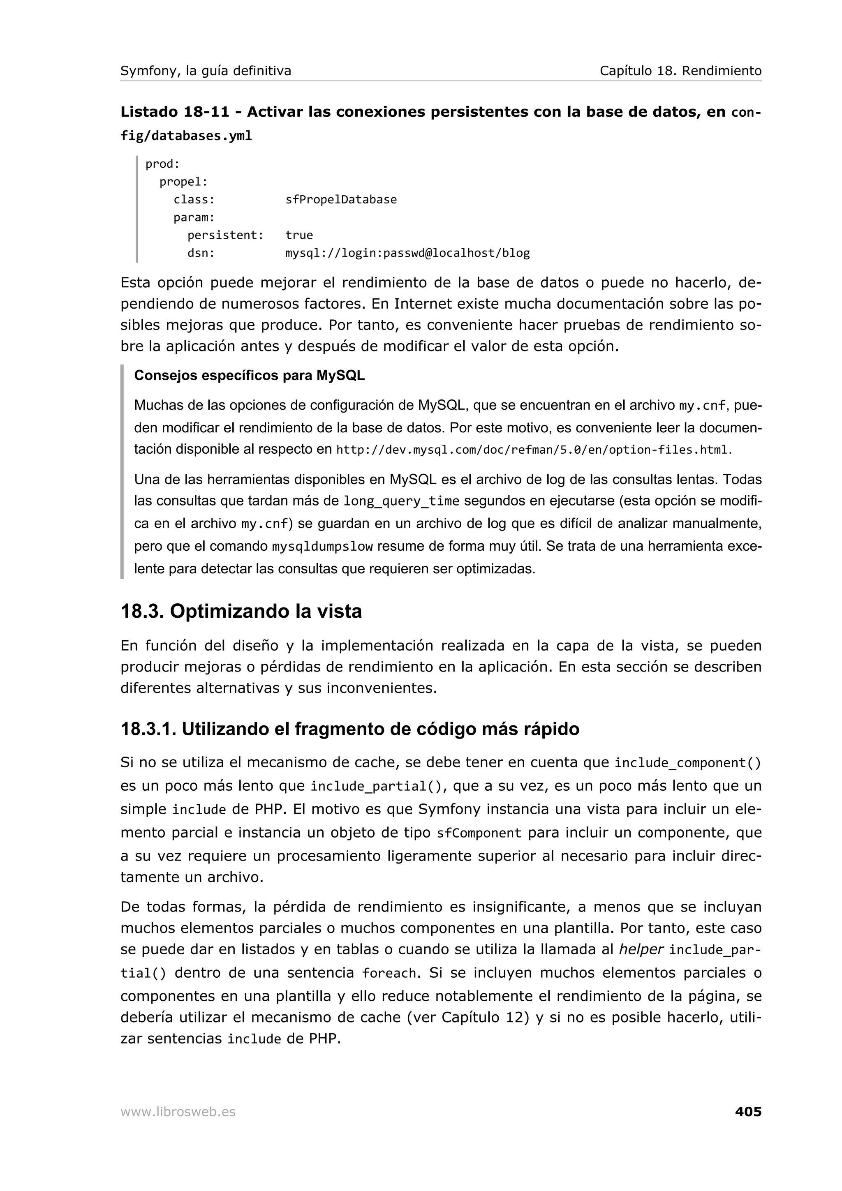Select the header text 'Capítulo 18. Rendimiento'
680,71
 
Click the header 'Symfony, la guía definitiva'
206,71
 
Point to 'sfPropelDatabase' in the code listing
341,200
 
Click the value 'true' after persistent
299,235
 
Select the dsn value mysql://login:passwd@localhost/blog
407,253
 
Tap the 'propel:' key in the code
183,182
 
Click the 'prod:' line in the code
162,164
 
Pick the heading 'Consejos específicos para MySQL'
249,376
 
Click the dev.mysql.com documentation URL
532,450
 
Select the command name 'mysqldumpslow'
322,547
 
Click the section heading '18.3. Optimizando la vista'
241,611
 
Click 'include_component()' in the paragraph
687,763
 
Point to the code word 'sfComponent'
478,833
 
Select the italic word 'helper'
641,949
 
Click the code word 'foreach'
389,973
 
